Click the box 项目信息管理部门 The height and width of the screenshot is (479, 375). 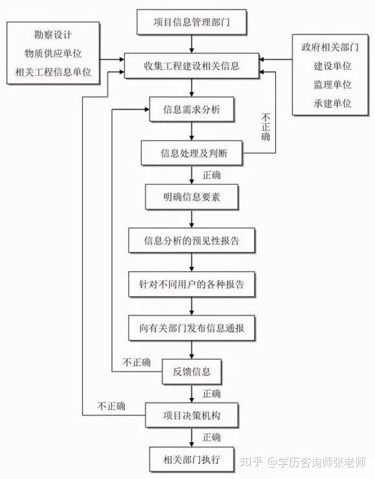point(192,22)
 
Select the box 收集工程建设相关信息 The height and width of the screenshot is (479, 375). point(192,65)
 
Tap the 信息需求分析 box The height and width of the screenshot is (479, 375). point(192,110)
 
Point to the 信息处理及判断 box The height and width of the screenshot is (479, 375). point(192,153)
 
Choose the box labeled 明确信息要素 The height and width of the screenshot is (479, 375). point(192,197)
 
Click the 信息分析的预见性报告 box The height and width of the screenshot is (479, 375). point(192,240)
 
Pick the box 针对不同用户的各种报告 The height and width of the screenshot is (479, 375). point(192,284)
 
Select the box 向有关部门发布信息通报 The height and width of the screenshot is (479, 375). point(192,328)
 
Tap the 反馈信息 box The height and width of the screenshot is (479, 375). point(192,372)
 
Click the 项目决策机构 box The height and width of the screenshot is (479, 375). point(192,415)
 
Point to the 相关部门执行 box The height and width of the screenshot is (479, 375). point(192,460)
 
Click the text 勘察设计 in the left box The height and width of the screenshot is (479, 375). point(53,34)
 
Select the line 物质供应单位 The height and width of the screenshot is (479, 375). point(53,53)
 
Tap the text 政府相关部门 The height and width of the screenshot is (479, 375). point(330,47)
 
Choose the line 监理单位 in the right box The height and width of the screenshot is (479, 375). point(333,85)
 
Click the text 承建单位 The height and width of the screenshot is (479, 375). point(333,104)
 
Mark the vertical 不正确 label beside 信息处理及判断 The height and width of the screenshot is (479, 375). point(266,127)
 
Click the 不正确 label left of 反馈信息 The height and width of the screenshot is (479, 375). point(137,362)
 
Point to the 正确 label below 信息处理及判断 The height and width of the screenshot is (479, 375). point(211,175)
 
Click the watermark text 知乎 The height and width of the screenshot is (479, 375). point(251,462)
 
